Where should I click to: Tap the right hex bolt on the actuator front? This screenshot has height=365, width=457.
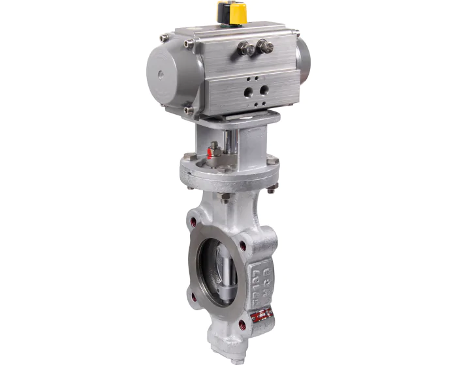point(263,46)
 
